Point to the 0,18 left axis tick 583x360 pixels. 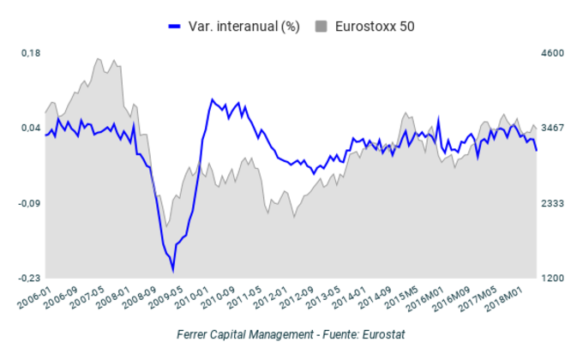point(31,53)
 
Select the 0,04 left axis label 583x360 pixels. point(31,128)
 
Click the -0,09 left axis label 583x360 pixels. point(29,203)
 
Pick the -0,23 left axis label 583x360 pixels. point(29,279)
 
